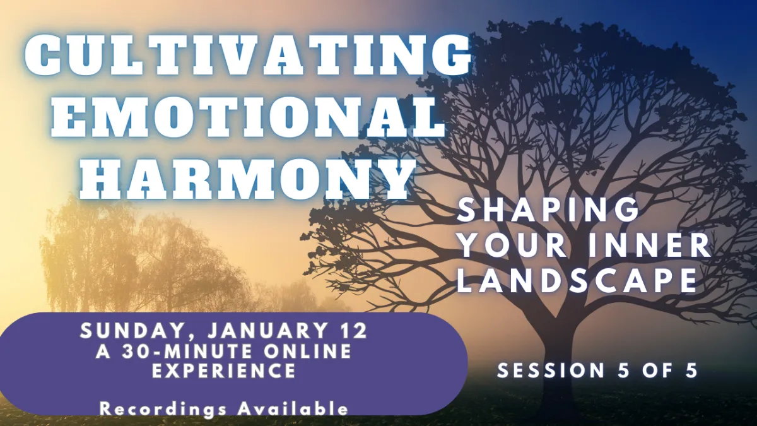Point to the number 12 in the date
(353, 330)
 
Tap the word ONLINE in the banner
(308, 351)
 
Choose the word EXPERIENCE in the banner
(224, 370)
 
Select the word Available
(293, 408)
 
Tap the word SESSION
(551, 370)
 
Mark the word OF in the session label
(658, 370)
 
